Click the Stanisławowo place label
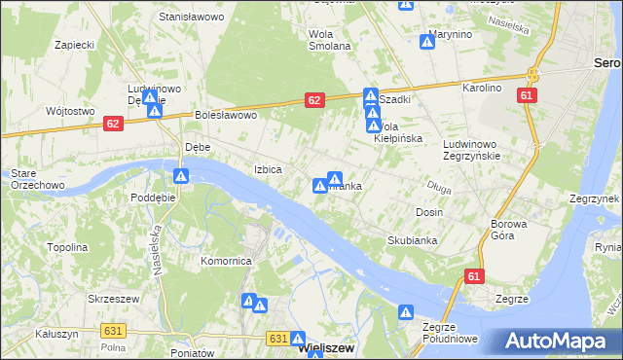click(x=191, y=17)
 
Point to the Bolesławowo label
click(x=225, y=115)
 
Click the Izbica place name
click(x=268, y=168)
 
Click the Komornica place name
click(x=226, y=261)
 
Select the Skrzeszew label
click(x=110, y=299)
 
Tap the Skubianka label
click(x=412, y=239)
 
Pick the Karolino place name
click(x=482, y=88)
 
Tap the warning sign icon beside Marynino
click(x=427, y=42)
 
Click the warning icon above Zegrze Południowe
click(x=406, y=312)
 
